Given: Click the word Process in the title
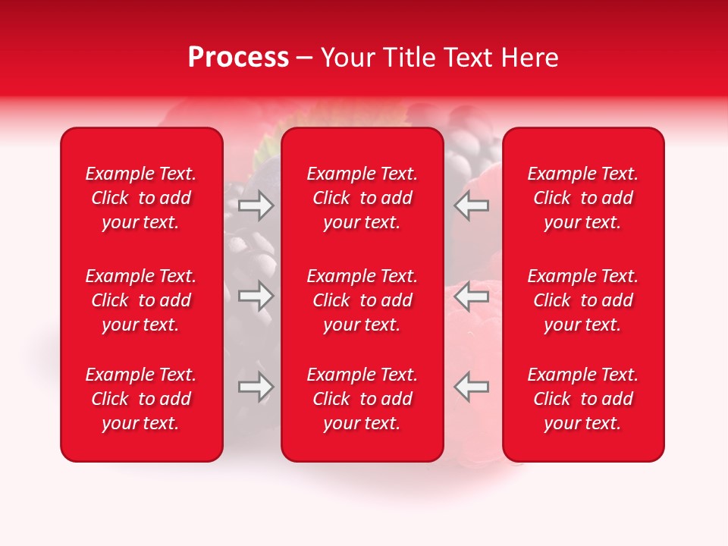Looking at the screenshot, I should click(x=238, y=58).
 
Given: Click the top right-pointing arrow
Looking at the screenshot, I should click(x=256, y=205).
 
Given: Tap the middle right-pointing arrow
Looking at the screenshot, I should click(x=256, y=296).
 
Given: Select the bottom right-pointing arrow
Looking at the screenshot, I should click(x=256, y=387).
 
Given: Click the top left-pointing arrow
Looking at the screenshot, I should click(x=472, y=205).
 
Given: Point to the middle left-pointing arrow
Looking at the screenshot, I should click(x=472, y=296).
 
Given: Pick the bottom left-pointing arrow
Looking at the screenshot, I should click(x=472, y=387).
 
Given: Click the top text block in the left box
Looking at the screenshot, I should click(x=141, y=198).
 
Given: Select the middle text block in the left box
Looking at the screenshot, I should click(x=141, y=300).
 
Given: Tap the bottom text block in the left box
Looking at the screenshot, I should click(x=141, y=399).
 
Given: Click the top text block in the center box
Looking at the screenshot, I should click(x=362, y=198).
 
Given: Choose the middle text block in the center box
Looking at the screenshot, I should click(x=362, y=300).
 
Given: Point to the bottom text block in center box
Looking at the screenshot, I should click(x=362, y=399).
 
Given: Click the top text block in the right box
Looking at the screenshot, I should click(x=582, y=198).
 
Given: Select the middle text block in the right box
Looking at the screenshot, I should click(x=582, y=300).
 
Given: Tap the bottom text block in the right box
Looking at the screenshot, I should click(x=582, y=399).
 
